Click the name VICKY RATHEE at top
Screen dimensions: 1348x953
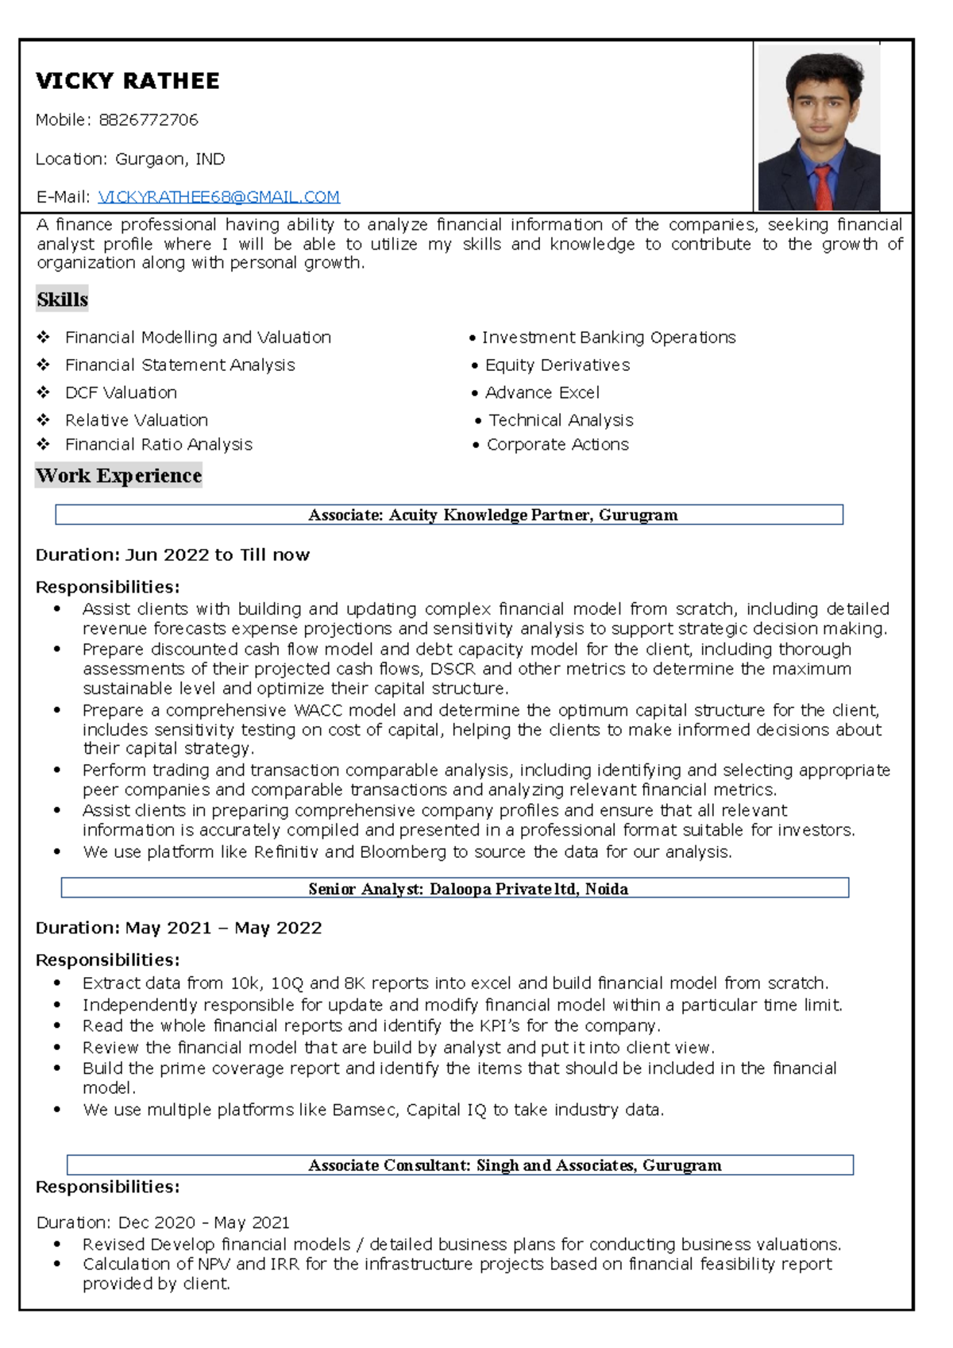(x=127, y=81)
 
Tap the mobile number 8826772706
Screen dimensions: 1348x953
(x=149, y=120)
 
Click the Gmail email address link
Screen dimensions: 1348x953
(x=218, y=197)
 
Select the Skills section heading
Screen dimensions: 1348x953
(x=62, y=299)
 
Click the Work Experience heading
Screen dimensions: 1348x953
(x=118, y=476)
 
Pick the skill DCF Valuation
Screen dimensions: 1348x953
(x=121, y=392)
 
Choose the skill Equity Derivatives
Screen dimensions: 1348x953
(x=557, y=365)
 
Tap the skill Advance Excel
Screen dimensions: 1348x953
(x=542, y=392)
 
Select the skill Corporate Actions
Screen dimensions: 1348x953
(x=557, y=445)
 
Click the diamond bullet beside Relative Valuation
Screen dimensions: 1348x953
(x=44, y=420)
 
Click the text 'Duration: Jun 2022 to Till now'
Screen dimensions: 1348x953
(x=172, y=555)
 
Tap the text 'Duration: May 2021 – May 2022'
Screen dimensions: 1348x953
(x=179, y=928)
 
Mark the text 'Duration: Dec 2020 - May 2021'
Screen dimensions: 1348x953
(x=163, y=1222)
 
